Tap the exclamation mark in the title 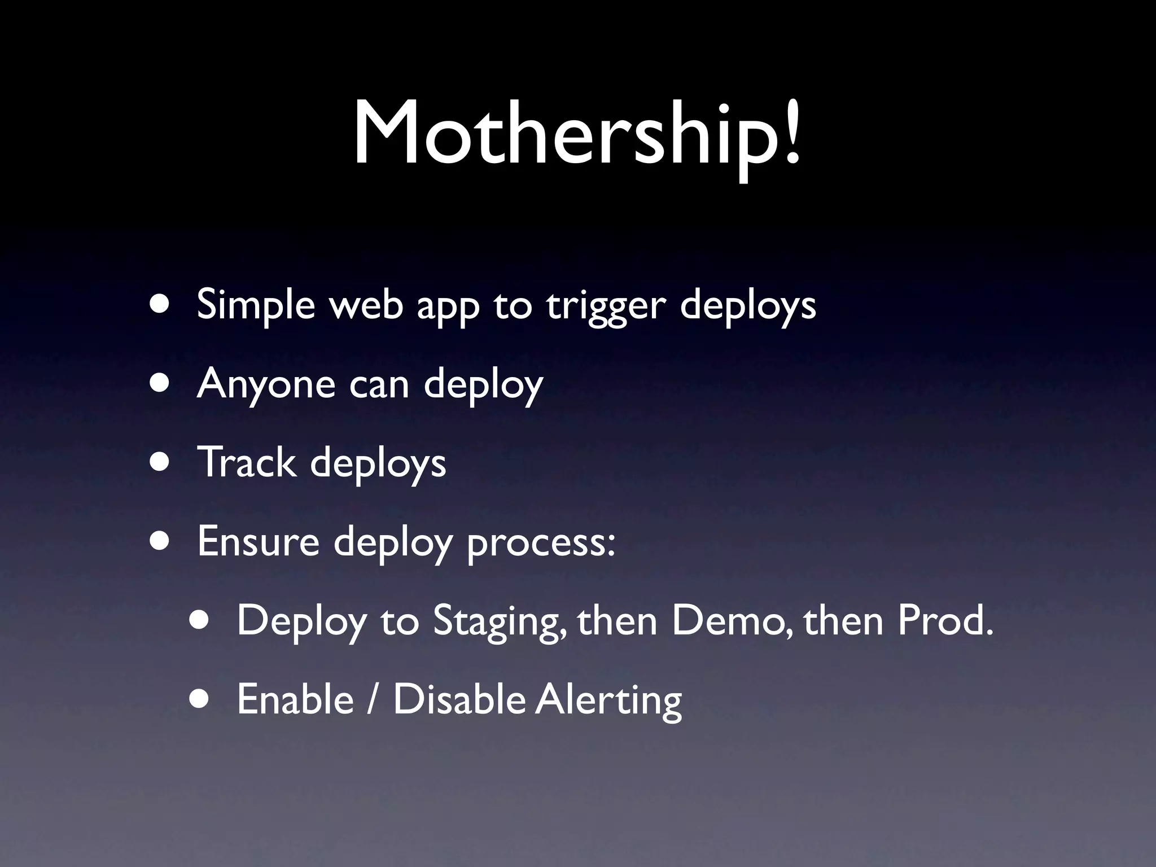coord(792,133)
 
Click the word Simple coord(256,305)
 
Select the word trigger coord(606,308)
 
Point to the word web coord(366,305)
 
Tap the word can coord(379,386)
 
